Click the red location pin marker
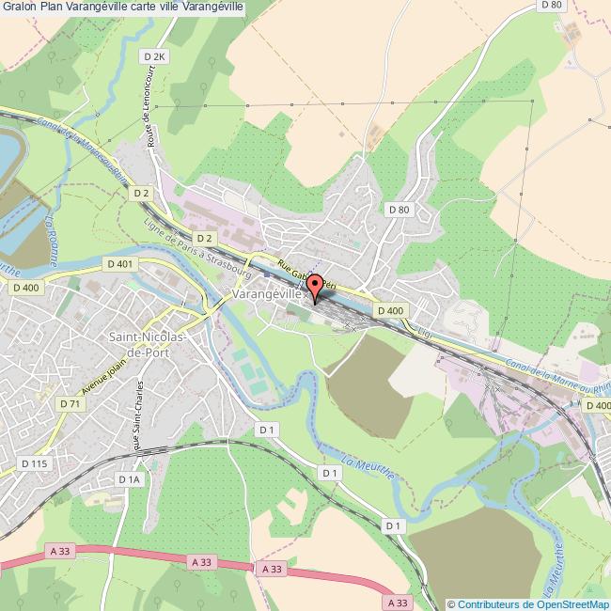point(316,288)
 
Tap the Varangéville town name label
point(266,294)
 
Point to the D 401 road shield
point(120,264)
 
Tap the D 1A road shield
point(129,479)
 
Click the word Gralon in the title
point(19,7)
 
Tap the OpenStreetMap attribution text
point(528,603)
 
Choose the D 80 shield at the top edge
point(551,6)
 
